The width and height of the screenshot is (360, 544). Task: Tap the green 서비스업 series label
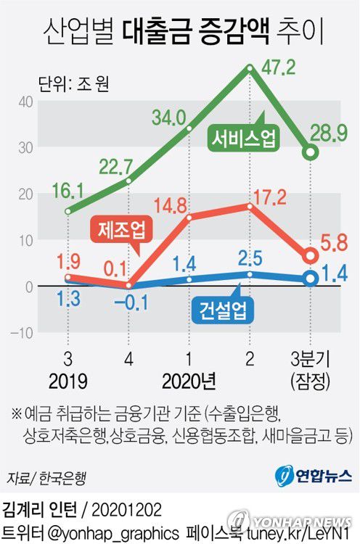tap(243, 139)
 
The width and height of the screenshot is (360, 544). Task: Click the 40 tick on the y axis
tap(25, 101)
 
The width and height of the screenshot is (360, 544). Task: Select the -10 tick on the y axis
tap(22, 333)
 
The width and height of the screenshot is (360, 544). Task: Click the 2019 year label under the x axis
tap(67, 381)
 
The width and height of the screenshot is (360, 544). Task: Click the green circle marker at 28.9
tap(311, 152)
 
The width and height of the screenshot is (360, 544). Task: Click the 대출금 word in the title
tap(152, 31)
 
